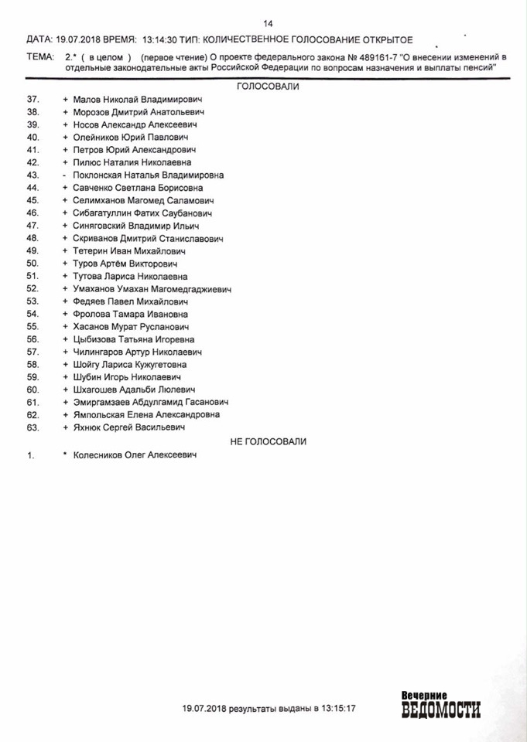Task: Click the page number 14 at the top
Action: click(269, 23)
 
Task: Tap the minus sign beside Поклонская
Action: click(66, 175)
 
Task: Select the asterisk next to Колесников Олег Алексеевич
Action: click(66, 455)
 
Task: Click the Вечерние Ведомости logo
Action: click(440, 703)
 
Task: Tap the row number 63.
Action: click(33, 427)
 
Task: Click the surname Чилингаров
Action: click(99, 352)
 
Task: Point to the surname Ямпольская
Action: click(99, 414)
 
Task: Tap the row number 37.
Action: click(33, 100)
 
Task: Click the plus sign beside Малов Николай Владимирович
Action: click(66, 100)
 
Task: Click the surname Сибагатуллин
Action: click(102, 213)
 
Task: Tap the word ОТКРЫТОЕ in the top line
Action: click(380, 39)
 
